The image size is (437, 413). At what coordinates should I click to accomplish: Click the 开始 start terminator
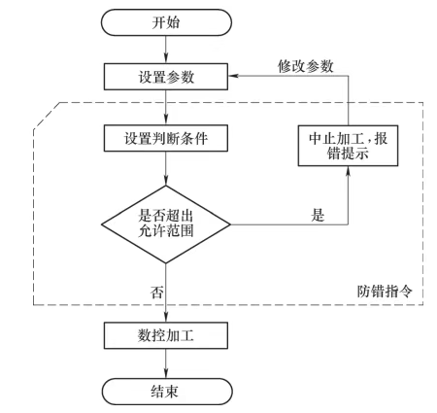(x=166, y=22)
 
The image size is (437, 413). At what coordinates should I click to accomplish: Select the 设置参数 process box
(x=166, y=77)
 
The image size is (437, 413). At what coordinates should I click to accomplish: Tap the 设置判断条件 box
(x=166, y=138)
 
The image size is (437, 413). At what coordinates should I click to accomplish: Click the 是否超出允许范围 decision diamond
(x=166, y=224)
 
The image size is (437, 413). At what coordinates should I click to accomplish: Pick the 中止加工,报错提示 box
(x=348, y=146)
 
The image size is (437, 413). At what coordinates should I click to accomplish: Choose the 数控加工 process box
(x=166, y=335)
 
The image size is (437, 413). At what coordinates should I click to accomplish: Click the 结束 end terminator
(x=167, y=392)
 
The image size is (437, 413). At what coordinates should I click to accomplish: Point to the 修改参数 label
(x=306, y=66)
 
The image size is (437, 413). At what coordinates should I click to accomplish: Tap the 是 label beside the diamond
(x=318, y=215)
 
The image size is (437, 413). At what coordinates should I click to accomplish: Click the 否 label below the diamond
(x=157, y=292)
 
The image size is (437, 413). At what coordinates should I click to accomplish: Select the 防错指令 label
(x=385, y=292)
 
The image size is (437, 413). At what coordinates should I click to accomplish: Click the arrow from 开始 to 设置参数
(x=166, y=50)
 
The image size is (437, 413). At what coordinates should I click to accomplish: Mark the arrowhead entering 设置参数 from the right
(x=233, y=76)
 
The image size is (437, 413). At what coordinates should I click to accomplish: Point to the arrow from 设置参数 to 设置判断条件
(x=166, y=108)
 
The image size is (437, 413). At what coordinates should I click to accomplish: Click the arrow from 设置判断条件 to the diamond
(x=166, y=168)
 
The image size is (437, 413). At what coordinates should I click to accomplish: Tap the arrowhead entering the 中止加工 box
(x=348, y=171)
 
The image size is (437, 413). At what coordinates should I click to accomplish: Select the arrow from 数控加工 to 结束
(x=166, y=363)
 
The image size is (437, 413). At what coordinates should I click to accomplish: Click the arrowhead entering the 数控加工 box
(x=166, y=317)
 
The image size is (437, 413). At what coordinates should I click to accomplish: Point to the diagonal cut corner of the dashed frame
(x=47, y=116)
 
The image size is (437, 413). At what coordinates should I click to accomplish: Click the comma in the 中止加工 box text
(x=369, y=142)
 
